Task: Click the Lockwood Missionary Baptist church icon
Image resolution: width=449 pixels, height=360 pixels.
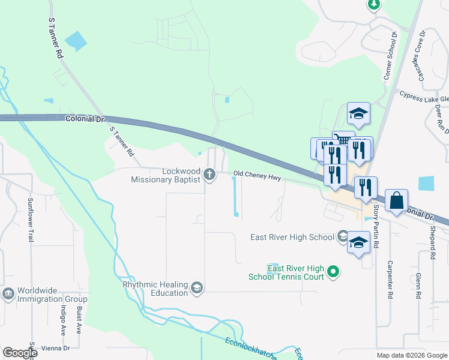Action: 209,175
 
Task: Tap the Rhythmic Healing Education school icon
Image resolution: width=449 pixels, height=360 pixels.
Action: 196,289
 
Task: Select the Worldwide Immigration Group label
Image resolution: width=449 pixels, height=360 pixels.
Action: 52,294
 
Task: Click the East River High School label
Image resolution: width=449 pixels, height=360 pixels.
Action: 292,237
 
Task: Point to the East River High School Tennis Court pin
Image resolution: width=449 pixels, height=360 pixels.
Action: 335,272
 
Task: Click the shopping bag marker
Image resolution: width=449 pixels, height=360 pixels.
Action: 397,201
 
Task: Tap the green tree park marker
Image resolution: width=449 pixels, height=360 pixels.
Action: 373,5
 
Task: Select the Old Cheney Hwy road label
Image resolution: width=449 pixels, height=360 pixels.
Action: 258,177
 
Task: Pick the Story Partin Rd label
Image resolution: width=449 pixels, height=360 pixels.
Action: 377,227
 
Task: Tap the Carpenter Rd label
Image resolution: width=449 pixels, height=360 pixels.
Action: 390,279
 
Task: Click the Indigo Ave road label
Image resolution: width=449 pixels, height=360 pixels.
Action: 62,319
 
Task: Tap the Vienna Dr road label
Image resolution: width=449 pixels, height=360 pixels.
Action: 58,348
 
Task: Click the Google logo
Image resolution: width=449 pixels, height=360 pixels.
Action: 20,352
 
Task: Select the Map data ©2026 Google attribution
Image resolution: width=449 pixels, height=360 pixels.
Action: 412,355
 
